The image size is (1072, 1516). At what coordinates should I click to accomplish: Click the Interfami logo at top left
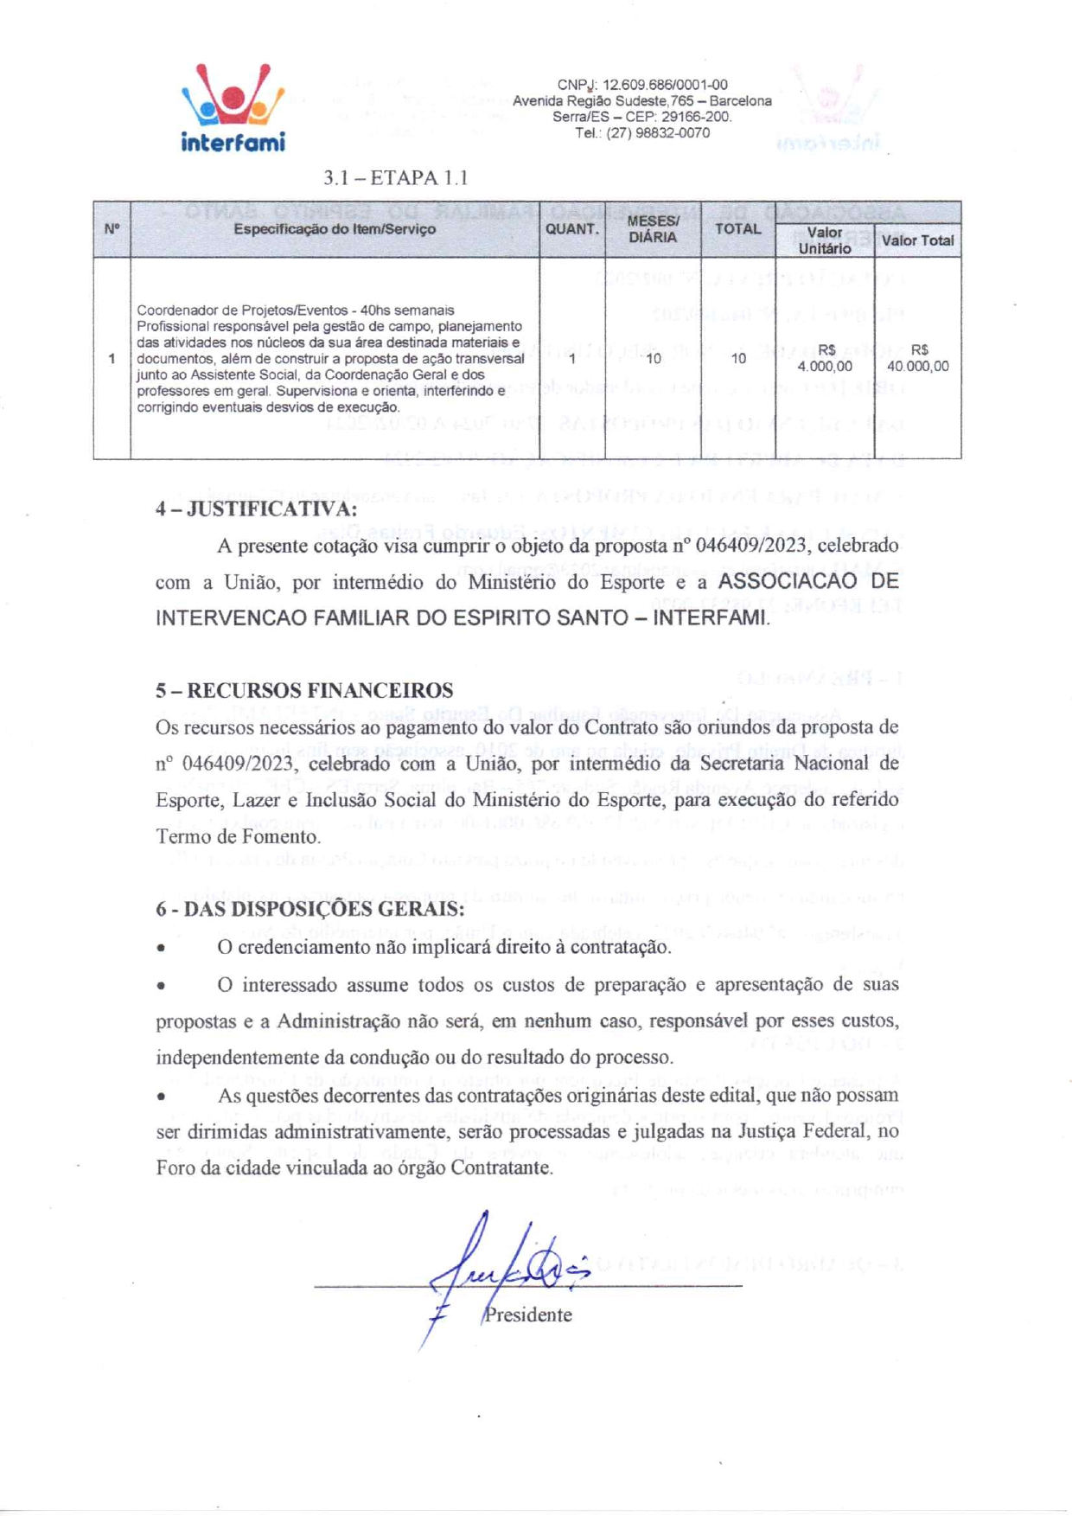click(x=233, y=107)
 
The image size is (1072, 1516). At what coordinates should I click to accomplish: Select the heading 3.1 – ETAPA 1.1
click(x=395, y=178)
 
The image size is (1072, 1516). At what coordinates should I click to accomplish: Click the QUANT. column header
click(x=571, y=229)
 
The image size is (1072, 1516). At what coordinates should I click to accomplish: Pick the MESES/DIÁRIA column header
click(x=653, y=229)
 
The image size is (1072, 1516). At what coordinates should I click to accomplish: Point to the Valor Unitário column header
click(x=824, y=240)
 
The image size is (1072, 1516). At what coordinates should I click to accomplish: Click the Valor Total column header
click(x=917, y=240)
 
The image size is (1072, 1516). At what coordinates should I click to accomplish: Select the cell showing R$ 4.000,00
click(x=825, y=358)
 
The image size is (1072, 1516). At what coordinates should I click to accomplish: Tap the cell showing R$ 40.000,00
click(x=918, y=358)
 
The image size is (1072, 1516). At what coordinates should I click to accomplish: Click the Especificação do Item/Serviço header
click(x=335, y=229)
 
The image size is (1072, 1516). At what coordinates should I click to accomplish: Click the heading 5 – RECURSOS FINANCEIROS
click(x=304, y=690)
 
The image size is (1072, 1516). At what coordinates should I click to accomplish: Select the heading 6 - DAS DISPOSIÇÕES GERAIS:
click(x=309, y=909)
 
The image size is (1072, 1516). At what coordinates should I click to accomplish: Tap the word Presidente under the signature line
click(x=527, y=1315)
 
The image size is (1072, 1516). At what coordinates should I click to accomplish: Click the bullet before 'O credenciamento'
click(x=162, y=949)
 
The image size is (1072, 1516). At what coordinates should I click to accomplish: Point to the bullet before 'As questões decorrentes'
click(x=162, y=1097)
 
